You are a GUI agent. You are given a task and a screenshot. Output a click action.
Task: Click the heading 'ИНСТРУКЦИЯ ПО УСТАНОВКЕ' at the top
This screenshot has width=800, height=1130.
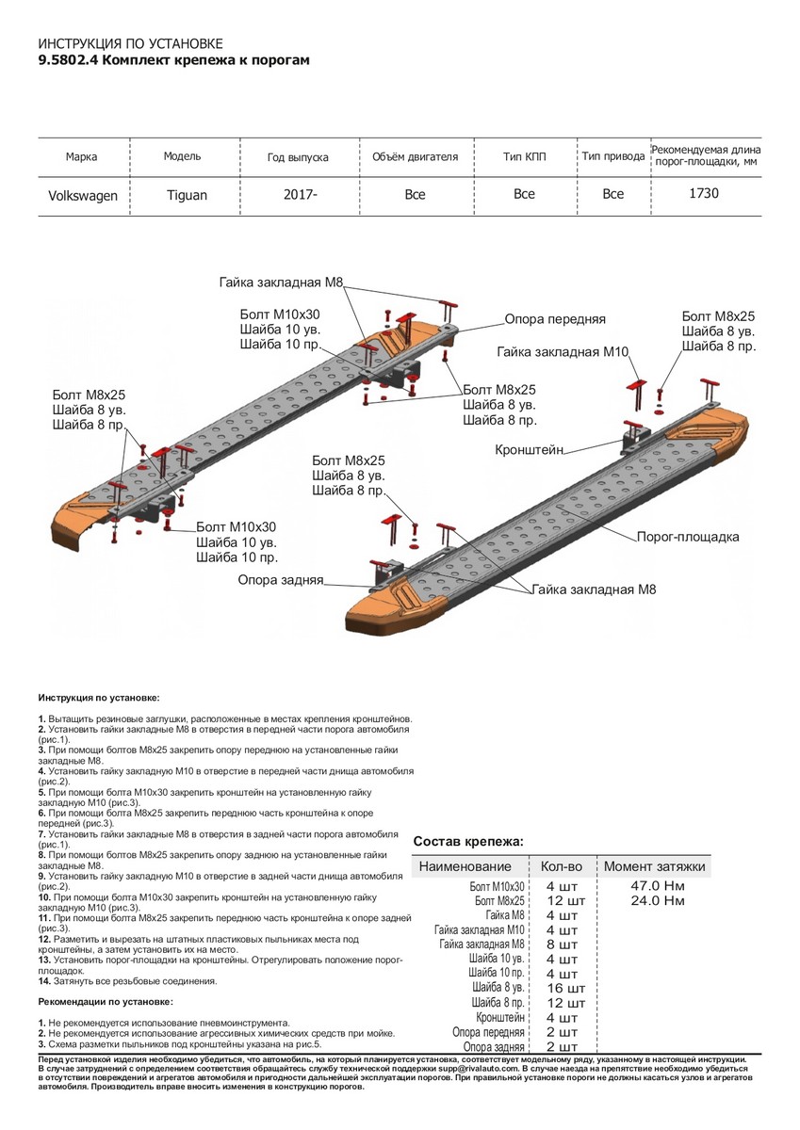pyautogui.click(x=131, y=44)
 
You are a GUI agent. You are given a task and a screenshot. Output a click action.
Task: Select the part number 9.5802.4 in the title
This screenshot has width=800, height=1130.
pyautogui.click(x=67, y=59)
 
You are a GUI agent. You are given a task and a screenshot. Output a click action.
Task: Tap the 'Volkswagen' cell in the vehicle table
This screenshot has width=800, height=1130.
pyautogui.click(x=83, y=195)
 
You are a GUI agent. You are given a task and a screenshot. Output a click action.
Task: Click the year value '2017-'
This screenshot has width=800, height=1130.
pyautogui.click(x=301, y=194)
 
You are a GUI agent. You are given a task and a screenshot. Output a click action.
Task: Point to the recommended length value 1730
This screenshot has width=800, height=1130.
pyautogui.click(x=704, y=193)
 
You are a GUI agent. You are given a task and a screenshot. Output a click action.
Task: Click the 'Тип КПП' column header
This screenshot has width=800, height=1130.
pyautogui.click(x=524, y=156)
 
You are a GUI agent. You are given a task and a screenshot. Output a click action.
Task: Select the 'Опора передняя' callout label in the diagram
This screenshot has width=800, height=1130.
pyautogui.click(x=554, y=319)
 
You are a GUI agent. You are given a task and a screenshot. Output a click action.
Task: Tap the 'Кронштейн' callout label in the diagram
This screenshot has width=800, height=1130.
pyautogui.click(x=530, y=451)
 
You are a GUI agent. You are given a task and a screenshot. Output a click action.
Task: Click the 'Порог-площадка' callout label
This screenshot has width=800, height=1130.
pyautogui.click(x=688, y=537)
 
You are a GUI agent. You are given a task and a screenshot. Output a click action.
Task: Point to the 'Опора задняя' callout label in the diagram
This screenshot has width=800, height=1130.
pyautogui.click(x=281, y=581)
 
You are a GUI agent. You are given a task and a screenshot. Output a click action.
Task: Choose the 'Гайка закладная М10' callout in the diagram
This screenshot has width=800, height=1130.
pyautogui.click(x=563, y=351)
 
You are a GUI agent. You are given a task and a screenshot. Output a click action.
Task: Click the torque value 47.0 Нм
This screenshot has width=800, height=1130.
pyautogui.click(x=657, y=886)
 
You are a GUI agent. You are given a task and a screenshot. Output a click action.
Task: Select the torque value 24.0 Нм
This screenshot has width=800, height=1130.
pyautogui.click(x=657, y=901)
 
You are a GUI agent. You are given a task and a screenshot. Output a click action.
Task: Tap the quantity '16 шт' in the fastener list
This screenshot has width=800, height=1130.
pyautogui.click(x=565, y=988)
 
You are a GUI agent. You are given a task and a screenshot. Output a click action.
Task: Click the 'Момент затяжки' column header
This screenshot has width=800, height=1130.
pyautogui.click(x=654, y=865)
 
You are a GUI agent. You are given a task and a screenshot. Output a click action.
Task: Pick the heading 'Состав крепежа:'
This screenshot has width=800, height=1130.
pyautogui.click(x=469, y=840)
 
